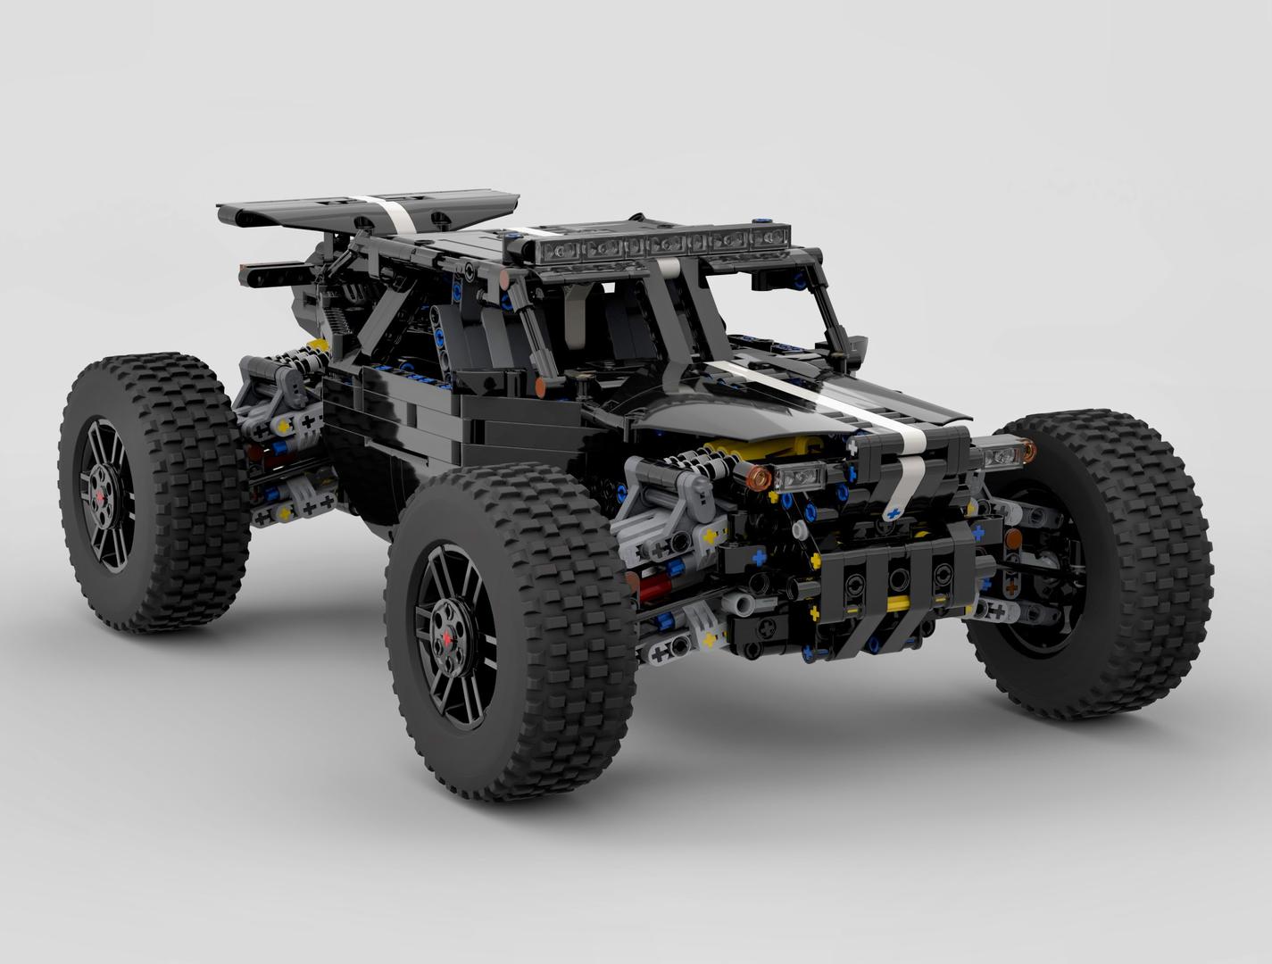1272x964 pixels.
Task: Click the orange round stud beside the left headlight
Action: [x=760, y=479]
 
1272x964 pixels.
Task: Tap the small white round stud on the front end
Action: [x=737, y=602]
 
